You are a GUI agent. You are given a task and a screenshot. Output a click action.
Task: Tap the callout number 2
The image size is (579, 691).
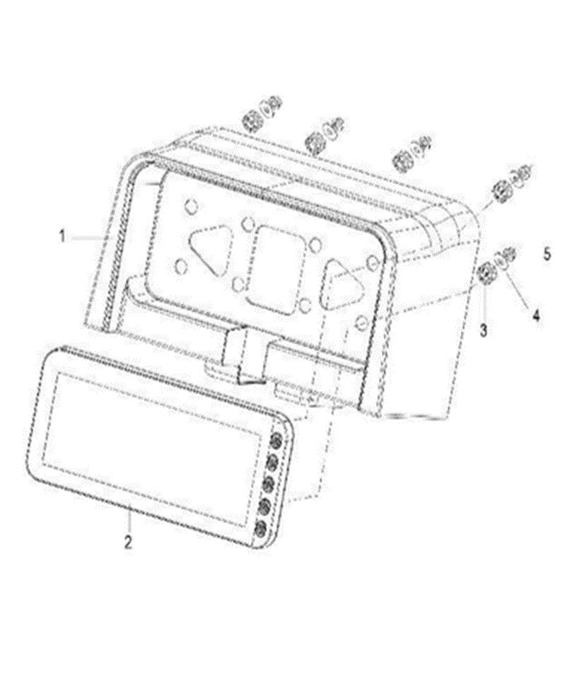(x=128, y=543)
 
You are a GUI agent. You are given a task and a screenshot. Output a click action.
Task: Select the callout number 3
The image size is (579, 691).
(x=484, y=328)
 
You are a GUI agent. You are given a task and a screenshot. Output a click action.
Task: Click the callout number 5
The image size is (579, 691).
(x=547, y=252)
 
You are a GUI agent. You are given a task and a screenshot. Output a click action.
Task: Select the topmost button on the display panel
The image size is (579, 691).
(x=278, y=440)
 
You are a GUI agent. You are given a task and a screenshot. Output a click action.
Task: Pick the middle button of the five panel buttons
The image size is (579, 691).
(x=269, y=484)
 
